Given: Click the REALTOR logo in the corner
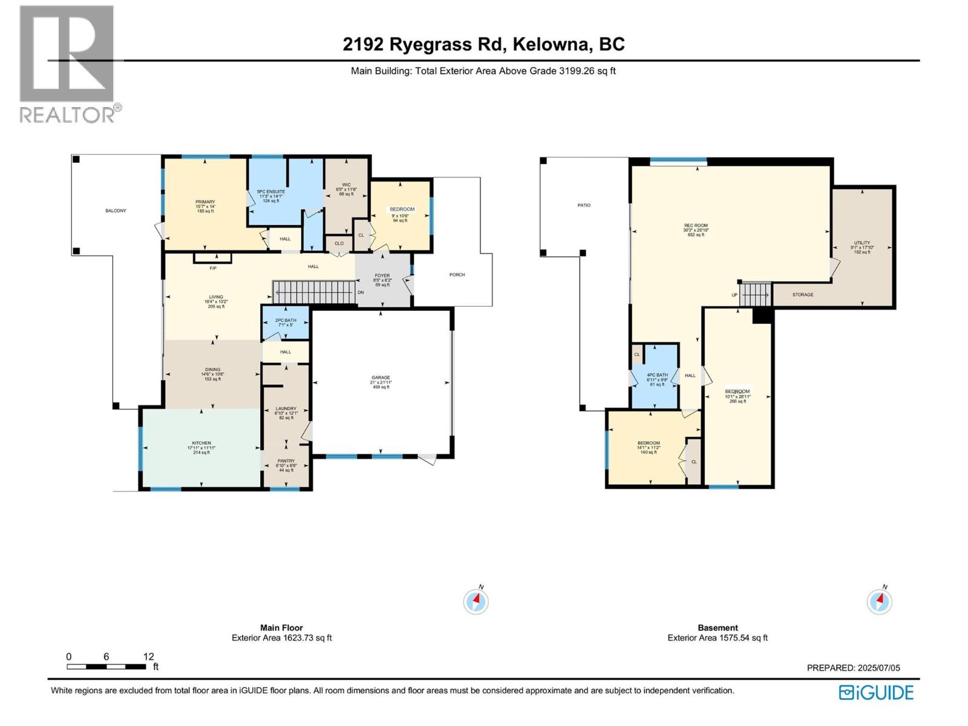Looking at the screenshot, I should [67, 64].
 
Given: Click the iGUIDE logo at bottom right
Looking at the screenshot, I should [876, 692].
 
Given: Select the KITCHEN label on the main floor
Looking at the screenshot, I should [201, 443].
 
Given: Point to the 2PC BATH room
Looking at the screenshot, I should [286, 320].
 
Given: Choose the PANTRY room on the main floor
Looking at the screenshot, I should [286, 461].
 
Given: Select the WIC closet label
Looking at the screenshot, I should [346, 185].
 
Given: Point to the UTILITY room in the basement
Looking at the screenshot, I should [862, 243].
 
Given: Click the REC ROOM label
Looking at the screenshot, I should [696, 226].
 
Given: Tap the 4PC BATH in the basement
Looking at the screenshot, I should [657, 375].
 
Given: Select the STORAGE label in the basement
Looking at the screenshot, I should [803, 295].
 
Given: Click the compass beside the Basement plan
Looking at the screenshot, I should [879, 601].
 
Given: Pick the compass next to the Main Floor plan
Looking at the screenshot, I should [476, 601].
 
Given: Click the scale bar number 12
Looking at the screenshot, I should [149, 656].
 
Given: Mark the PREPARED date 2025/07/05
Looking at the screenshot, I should [853, 668].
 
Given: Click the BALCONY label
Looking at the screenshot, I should [116, 211].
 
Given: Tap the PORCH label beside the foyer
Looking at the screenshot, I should [457, 275].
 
